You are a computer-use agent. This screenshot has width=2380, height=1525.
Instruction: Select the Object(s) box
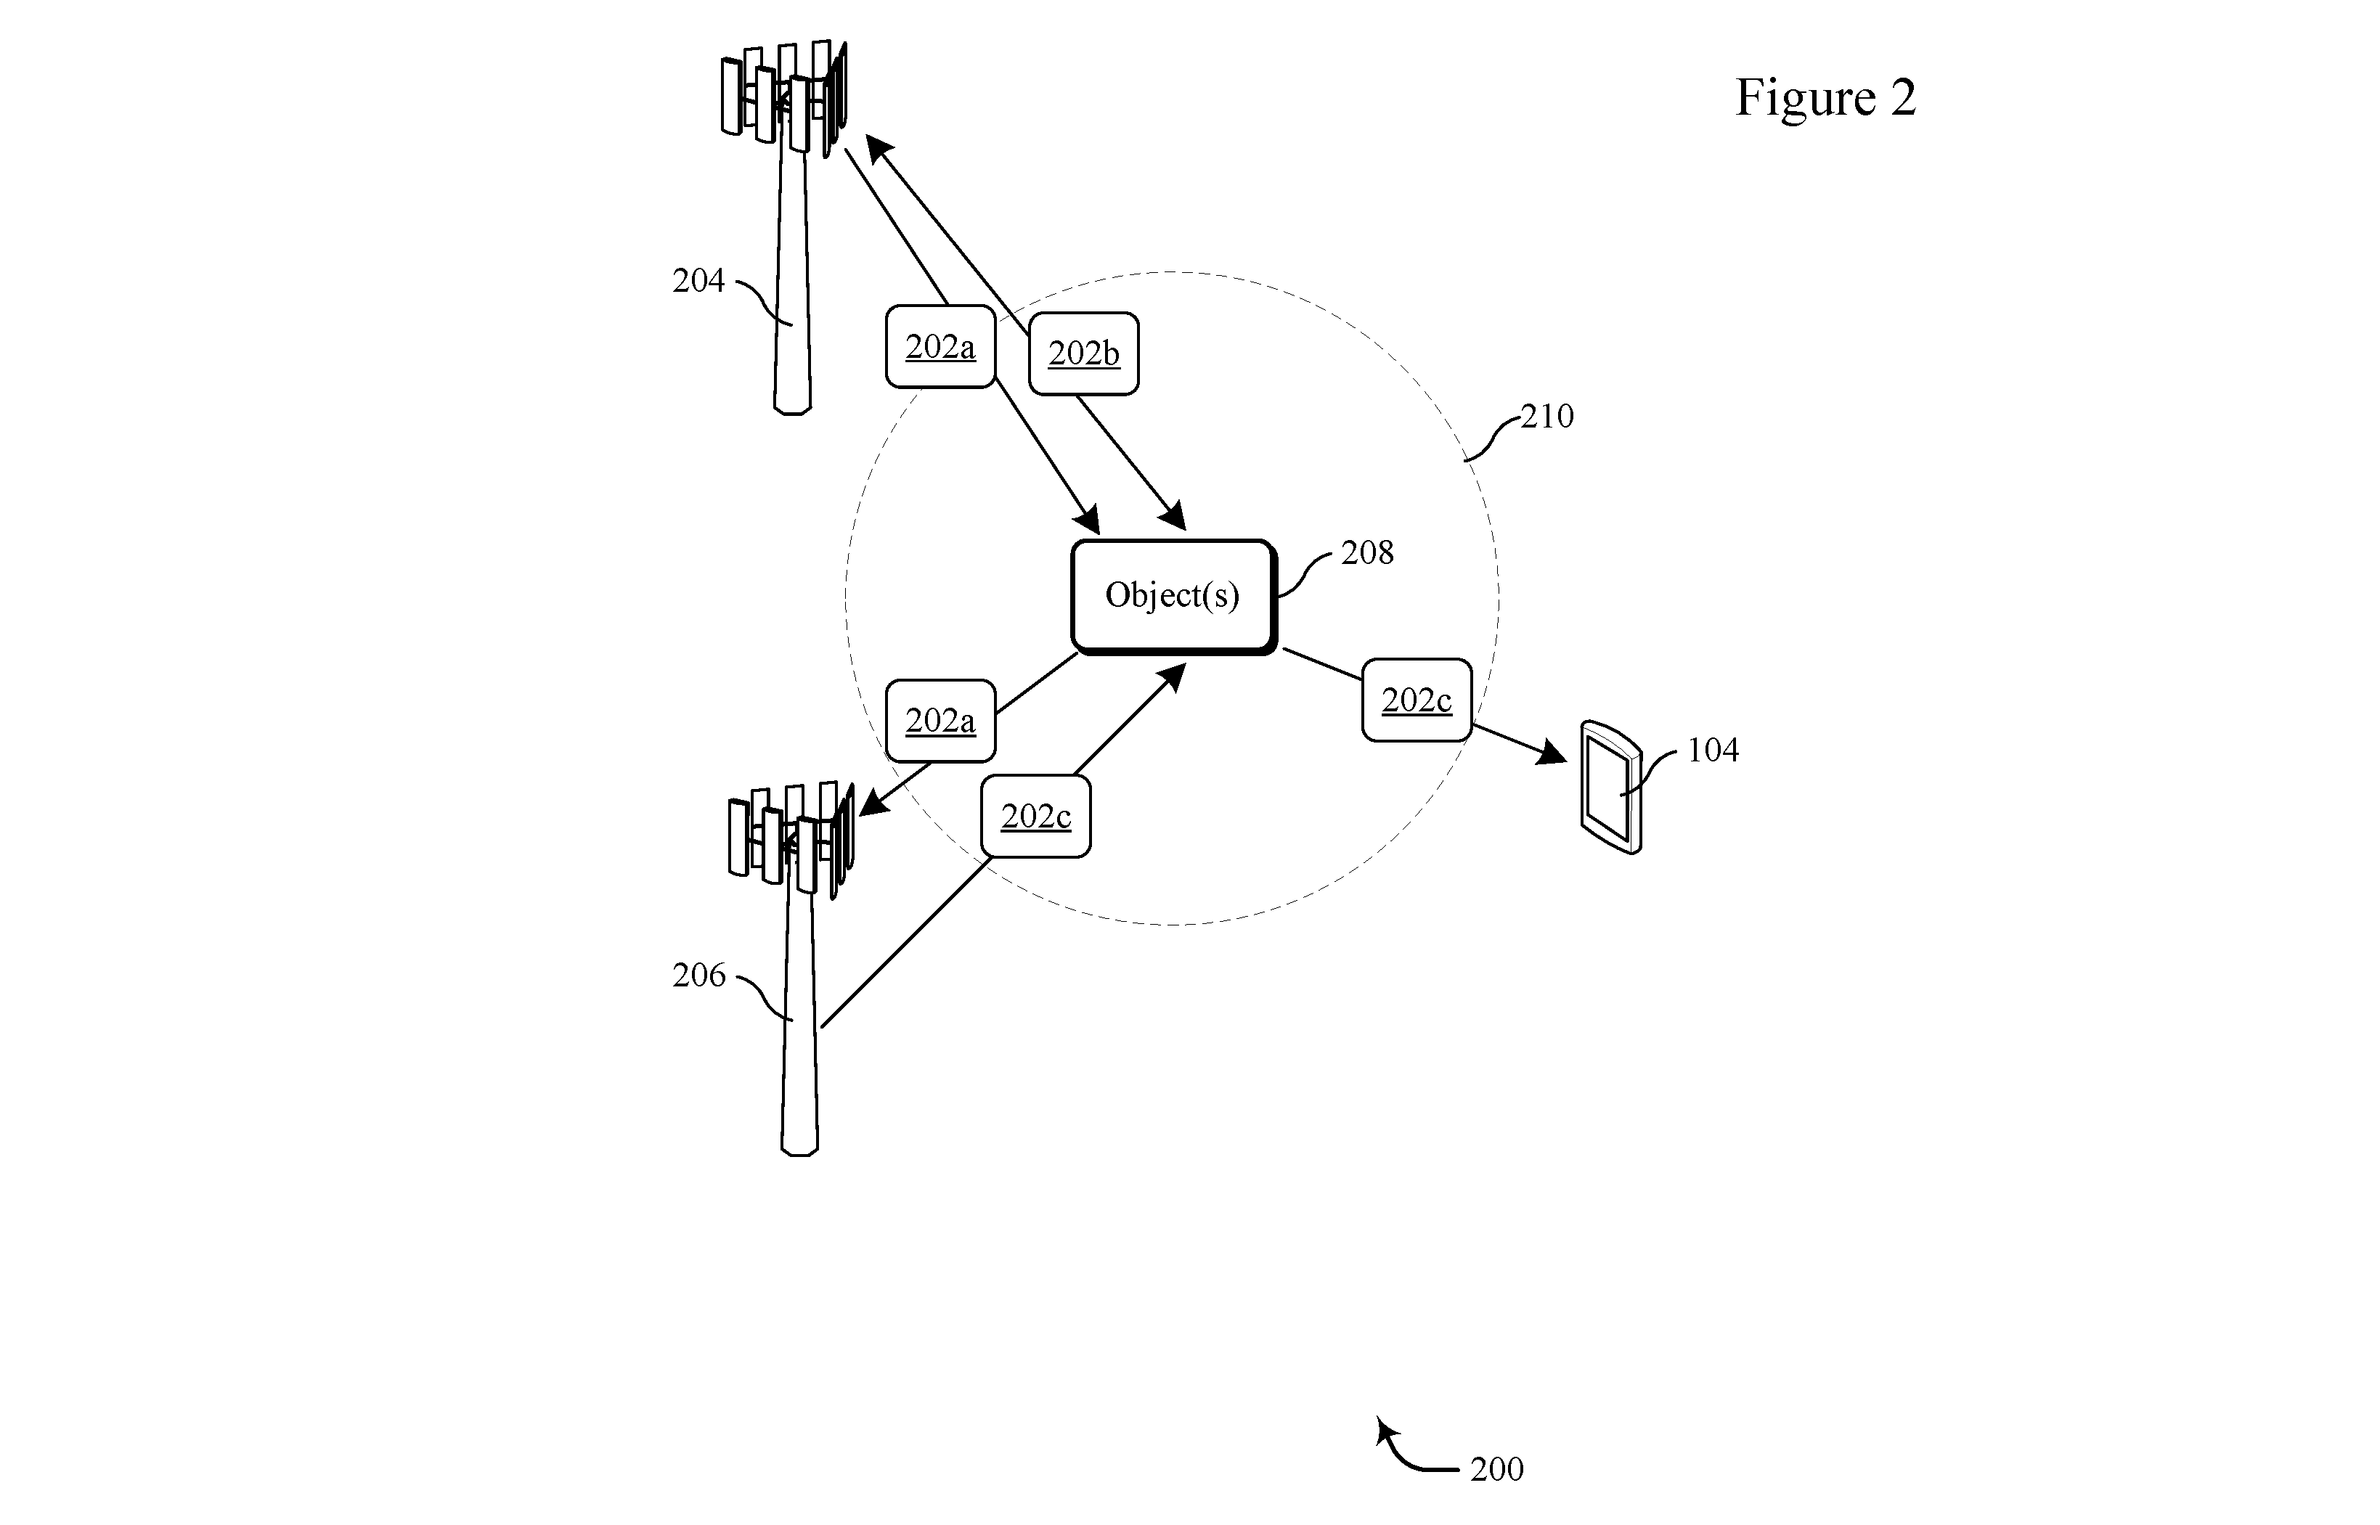tap(1173, 597)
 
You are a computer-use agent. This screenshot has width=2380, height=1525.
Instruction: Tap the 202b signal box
tap(1083, 353)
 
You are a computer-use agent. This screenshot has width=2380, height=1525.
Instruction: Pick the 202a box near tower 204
tap(940, 347)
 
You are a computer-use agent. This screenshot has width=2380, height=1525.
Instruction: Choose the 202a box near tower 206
tap(940, 721)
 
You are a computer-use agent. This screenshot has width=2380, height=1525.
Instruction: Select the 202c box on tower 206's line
tap(1036, 816)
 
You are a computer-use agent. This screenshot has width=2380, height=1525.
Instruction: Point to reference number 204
tap(698, 281)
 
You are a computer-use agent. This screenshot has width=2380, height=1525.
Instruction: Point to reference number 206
tap(698, 976)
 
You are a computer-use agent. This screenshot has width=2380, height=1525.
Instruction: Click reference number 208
tap(1366, 552)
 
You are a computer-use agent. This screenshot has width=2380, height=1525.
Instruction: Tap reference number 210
tap(1547, 416)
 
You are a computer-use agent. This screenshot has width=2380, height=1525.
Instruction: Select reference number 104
tap(1713, 751)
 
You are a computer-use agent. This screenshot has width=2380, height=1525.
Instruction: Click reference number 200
tap(1496, 1468)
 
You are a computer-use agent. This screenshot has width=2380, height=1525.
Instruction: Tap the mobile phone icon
tap(1610, 788)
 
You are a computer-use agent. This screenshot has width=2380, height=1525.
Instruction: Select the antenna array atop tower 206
tap(791, 841)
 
